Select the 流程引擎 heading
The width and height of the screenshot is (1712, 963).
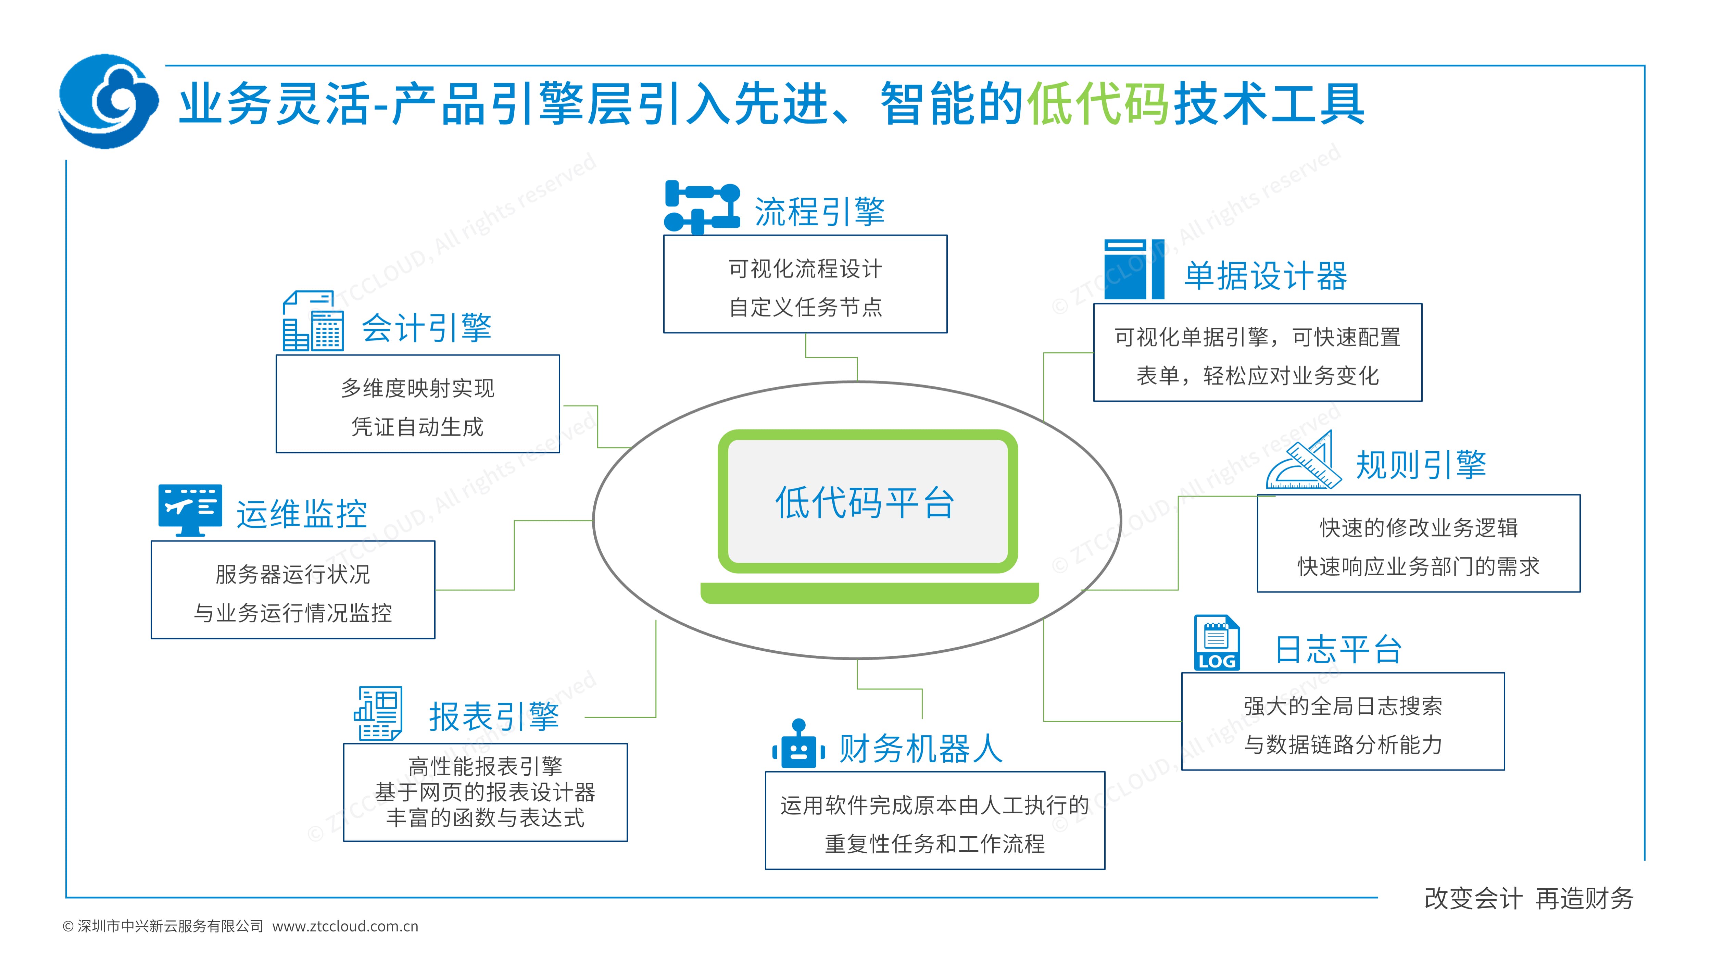coord(819,211)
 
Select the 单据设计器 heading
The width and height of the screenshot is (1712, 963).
coord(1266,276)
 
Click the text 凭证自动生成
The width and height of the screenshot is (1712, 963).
coord(417,427)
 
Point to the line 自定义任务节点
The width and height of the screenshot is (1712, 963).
coord(805,307)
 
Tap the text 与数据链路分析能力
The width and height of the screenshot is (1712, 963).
coord(1343,745)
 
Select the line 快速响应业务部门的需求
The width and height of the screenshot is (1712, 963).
coord(1418,566)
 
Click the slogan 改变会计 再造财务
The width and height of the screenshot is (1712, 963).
coord(1528,899)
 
